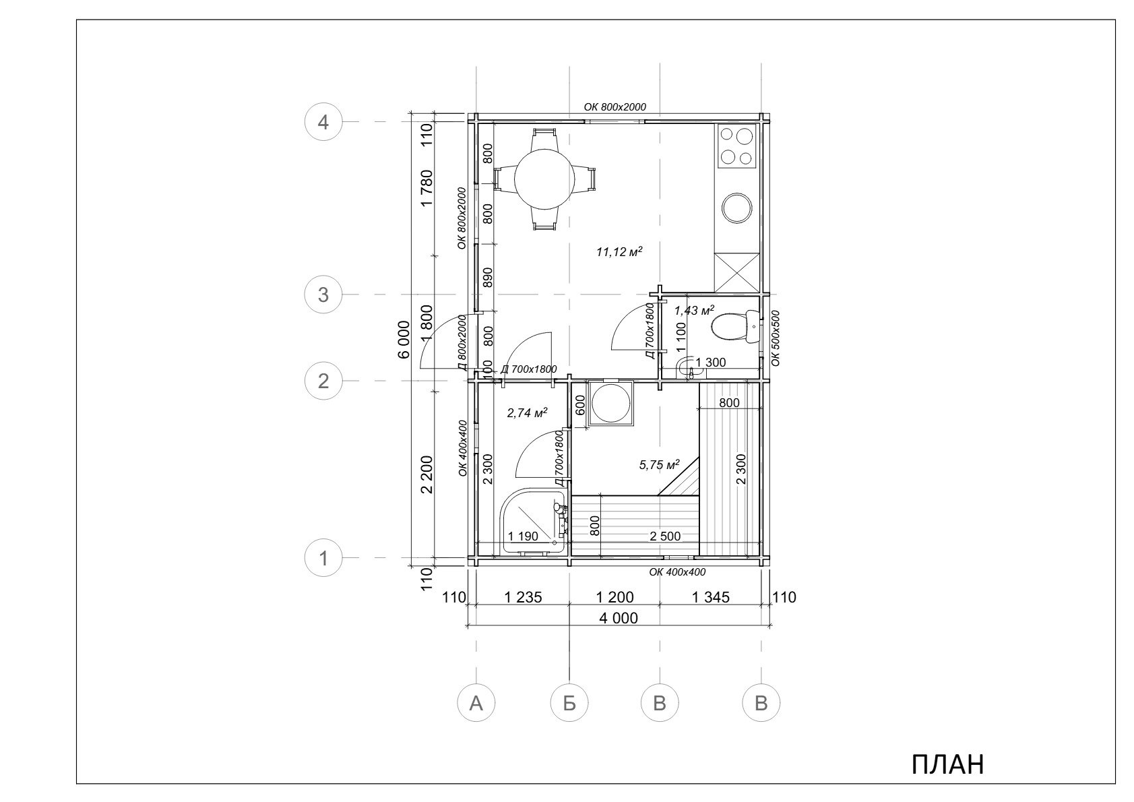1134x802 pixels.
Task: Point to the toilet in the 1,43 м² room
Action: pos(734,327)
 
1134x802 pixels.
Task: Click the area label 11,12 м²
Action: pos(619,251)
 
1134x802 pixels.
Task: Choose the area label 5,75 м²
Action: pos(658,464)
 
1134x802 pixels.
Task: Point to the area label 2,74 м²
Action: pos(527,412)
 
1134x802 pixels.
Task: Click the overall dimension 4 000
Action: pos(619,618)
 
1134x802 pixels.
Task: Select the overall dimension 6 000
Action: pos(404,339)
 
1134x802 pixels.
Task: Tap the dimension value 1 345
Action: pos(710,597)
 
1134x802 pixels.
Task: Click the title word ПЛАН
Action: pos(948,764)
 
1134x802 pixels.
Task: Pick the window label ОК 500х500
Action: pos(775,338)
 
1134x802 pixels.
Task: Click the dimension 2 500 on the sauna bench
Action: pos(665,536)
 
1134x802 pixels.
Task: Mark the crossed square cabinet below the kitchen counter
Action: pos(737,272)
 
